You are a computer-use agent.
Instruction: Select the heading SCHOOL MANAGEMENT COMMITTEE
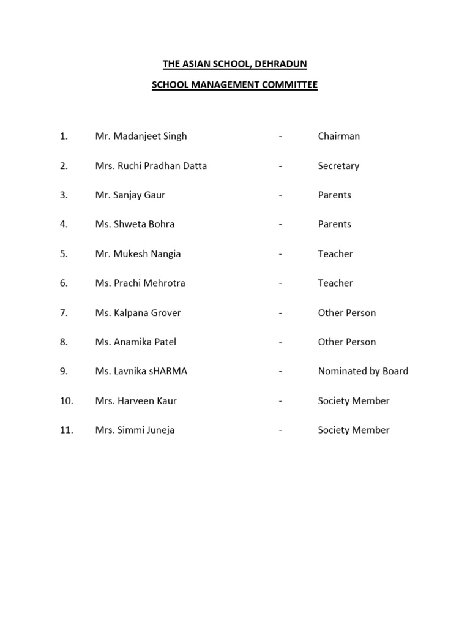tap(234, 86)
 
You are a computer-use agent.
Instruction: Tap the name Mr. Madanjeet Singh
tap(141, 136)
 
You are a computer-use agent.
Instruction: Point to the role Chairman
tap(338, 136)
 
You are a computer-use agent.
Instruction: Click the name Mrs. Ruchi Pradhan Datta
tap(151, 165)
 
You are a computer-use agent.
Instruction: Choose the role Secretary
tap(338, 165)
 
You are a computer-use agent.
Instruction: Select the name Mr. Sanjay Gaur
tap(130, 195)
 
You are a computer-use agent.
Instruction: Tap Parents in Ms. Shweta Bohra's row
tap(334, 224)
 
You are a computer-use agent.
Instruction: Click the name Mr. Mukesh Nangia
tap(138, 253)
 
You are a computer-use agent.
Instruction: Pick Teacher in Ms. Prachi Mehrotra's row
tap(335, 283)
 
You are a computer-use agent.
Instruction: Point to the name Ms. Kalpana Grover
tap(138, 312)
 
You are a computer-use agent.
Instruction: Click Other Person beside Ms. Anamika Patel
tap(346, 342)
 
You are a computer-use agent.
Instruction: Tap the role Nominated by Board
tap(363, 371)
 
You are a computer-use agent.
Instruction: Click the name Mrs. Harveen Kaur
tap(136, 400)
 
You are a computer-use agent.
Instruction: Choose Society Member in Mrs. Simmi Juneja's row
tap(353, 430)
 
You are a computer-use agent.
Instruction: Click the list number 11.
tap(66, 430)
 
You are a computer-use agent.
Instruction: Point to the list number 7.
tap(64, 312)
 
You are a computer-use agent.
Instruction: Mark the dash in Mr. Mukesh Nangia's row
tap(280, 253)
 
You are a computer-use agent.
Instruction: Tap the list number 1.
tap(64, 136)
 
